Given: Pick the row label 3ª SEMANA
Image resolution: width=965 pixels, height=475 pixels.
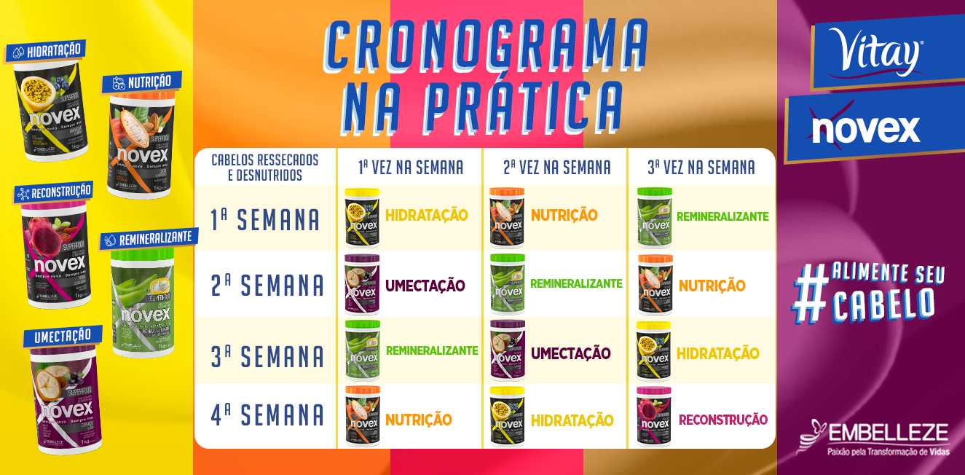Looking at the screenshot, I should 267,356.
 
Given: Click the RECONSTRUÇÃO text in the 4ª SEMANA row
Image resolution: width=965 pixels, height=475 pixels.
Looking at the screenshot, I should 722,420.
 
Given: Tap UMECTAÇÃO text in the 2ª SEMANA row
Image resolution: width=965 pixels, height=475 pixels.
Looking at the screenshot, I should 425,286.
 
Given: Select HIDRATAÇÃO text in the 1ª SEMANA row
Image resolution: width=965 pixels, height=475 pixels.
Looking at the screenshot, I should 426,216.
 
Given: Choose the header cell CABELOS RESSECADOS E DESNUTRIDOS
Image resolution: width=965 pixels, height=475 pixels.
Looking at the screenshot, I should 265,168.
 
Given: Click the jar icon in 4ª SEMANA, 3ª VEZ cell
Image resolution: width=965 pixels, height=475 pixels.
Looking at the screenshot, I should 653,416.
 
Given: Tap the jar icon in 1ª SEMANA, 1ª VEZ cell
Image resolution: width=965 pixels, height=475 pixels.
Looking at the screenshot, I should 362,217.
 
